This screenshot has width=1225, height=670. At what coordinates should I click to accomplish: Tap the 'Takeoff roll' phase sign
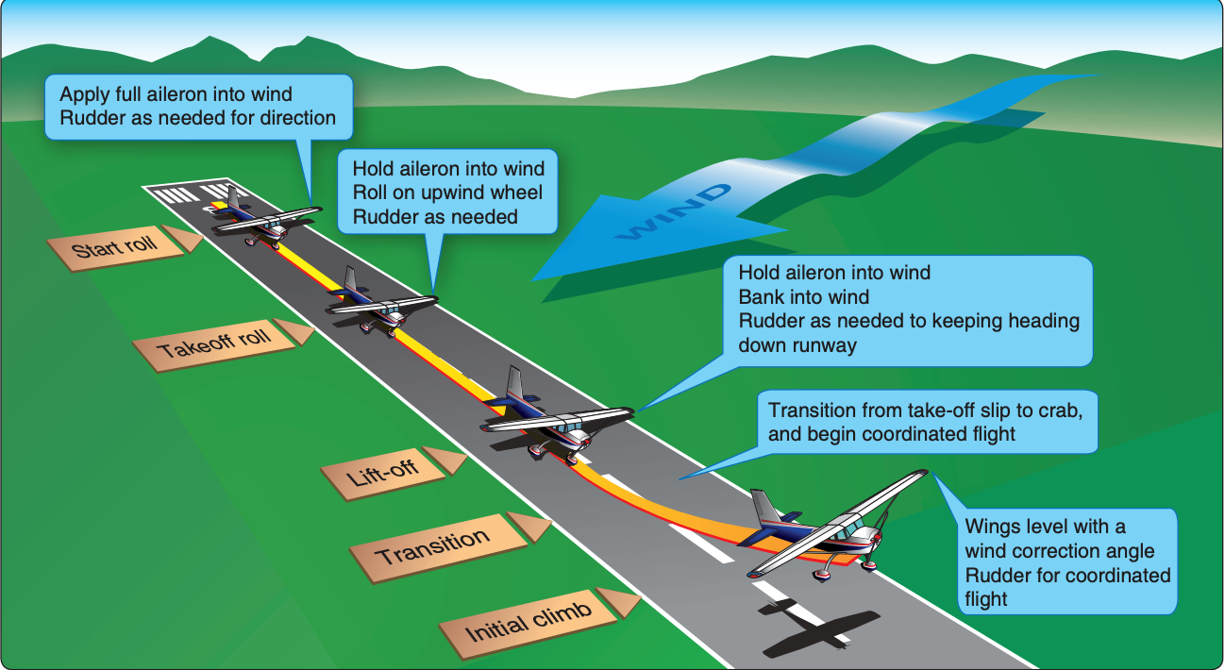pos(222,344)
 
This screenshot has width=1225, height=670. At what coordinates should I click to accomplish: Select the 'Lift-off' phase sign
pos(392,473)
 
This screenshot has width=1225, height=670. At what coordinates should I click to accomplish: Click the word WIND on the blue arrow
pos(674,212)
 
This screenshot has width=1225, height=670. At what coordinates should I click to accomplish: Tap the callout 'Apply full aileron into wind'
pos(198,107)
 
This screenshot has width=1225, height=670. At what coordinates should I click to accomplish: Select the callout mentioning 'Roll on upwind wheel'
pos(447,192)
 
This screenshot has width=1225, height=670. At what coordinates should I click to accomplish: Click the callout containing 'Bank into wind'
pos(907,310)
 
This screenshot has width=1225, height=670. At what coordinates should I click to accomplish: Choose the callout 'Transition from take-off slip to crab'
pos(927,422)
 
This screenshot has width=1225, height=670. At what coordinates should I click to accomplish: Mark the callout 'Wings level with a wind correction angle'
pos(1066,561)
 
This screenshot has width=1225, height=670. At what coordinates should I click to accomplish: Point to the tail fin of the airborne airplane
pos(764,508)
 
